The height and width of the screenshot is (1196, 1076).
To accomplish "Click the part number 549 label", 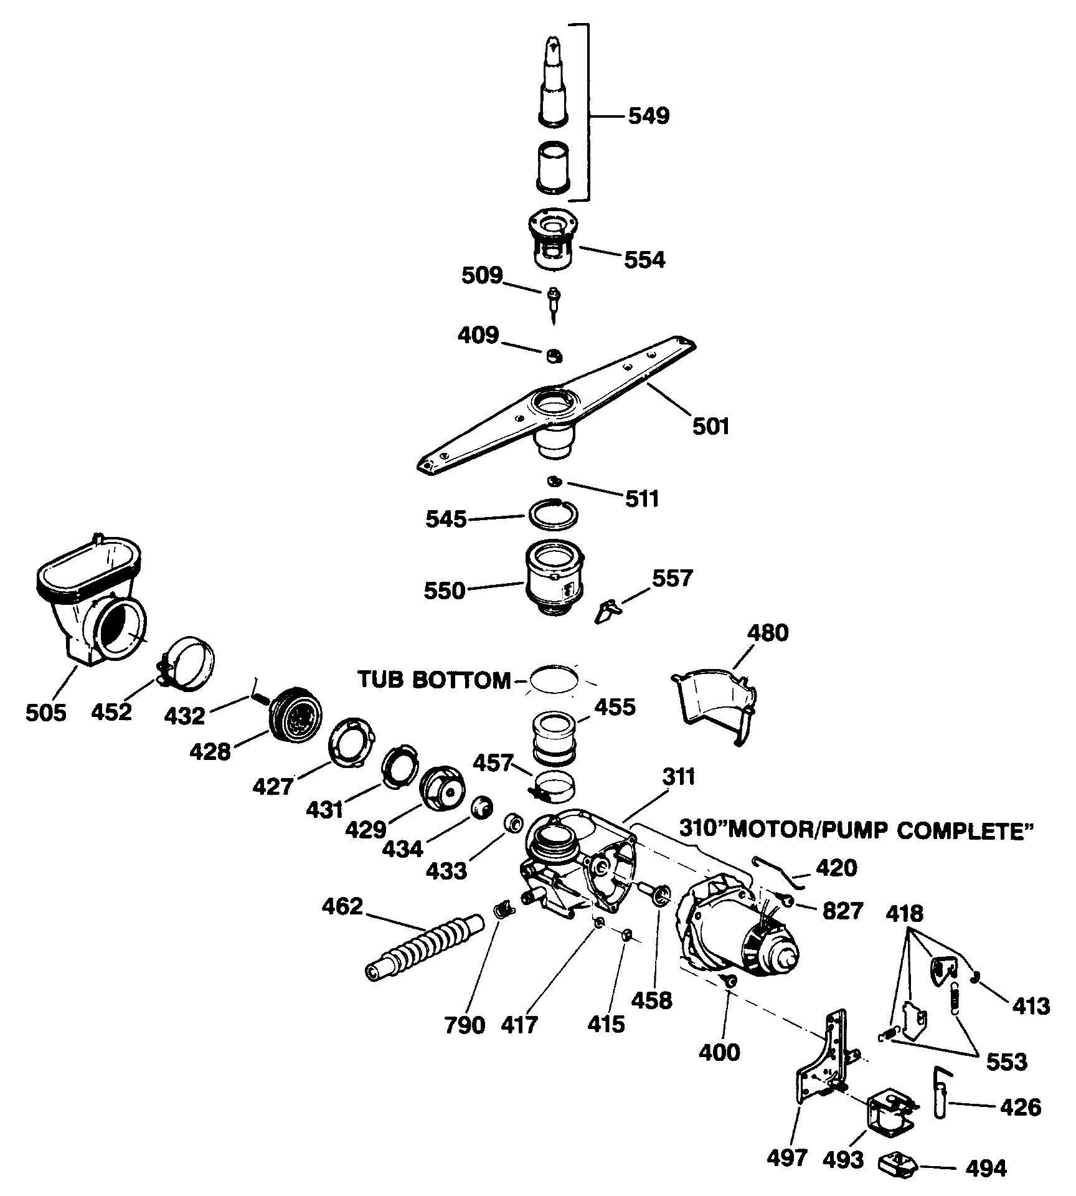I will pyautogui.click(x=648, y=116).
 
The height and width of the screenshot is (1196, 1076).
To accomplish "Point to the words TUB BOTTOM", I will pyautogui.click(x=434, y=680).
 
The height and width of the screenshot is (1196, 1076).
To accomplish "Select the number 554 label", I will pyautogui.click(x=644, y=259).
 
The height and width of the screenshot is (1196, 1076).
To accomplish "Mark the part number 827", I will pyautogui.click(x=842, y=911).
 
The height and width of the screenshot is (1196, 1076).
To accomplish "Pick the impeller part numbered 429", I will pyautogui.click(x=443, y=788).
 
